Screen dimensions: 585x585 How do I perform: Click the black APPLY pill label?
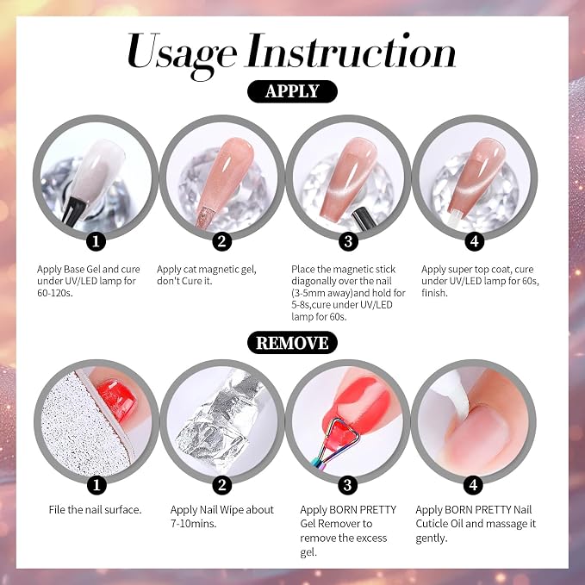[x=292, y=91]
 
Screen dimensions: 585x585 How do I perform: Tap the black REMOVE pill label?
[x=292, y=343]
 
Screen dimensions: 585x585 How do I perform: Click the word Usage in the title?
[x=182, y=54]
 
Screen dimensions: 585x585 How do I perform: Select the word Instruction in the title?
[x=351, y=50]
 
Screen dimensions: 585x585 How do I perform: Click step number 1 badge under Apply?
[x=96, y=241]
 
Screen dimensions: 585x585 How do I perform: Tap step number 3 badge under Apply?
[x=348, y=241]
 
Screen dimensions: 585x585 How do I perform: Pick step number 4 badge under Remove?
[x=474, y=485]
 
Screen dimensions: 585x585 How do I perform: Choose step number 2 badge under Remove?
[x=222, y=485]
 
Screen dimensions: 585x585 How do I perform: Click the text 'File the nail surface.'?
[x=95, y=510]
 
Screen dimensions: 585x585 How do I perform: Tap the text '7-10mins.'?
[x=193, y=524]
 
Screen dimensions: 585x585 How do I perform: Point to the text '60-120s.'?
[x=55, y=293]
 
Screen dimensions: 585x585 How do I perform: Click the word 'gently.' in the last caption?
[x=432, y=538]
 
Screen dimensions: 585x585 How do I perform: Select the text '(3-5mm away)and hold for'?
[x=348, y=293]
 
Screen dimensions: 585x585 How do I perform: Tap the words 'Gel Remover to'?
[x=336, y=524]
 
